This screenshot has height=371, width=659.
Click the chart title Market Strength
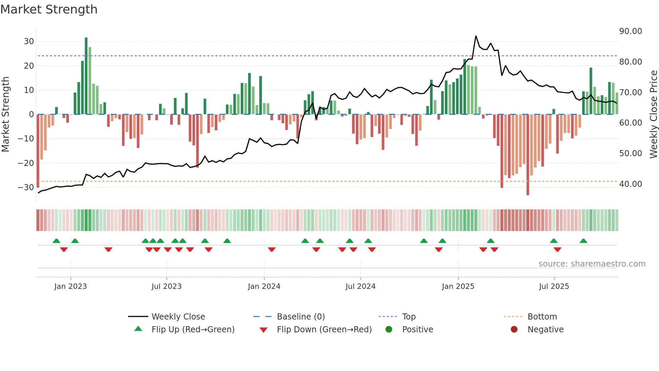click(x=49, y=9)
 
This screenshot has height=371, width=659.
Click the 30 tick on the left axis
click(x=29, y=41)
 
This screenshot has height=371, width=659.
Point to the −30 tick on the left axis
click(x=26, y=188)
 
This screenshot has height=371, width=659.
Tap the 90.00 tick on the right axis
click(x=630, y=31)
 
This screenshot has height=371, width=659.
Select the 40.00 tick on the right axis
click(x=630, y=184)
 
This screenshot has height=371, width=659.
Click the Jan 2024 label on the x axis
click(x=264, y=286)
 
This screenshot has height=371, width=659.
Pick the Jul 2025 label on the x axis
click(x=554, y=286)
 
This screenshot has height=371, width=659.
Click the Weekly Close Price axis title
click(x=653, y=114)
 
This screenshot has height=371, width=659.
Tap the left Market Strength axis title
click(x=5, y=114)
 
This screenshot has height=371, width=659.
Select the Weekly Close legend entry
click(x=178, y=317)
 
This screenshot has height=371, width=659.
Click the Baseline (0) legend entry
click(x=301, y=317)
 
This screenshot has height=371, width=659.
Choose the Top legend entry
click(x=409, y=317)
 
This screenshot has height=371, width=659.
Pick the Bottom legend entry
click(x=542, y=317)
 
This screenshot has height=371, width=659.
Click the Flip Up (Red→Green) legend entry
click(x=193, y=330)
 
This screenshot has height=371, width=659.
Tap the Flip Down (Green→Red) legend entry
click(x=324, y=330)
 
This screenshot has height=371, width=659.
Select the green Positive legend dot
click(x=389, y=330)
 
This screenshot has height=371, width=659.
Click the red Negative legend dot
click(x=514, y=330)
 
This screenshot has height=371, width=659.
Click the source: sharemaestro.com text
click(x=592, y=264)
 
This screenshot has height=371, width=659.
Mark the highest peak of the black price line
click(x=476, y=36)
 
